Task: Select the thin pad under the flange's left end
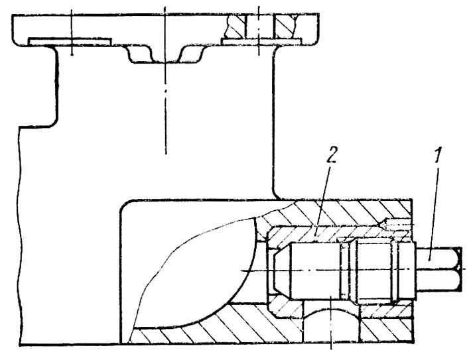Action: pyautogui.click(x=70, y=42)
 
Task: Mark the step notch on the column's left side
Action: pyautogui.click(x=46, y=126)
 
